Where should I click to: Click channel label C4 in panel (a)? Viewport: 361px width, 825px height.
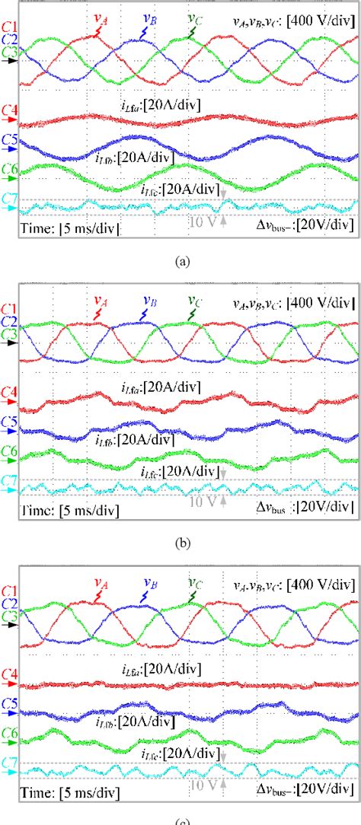pyautogui.click(x=9, y=112)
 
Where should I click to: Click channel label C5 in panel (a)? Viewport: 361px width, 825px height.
pyautogui.click(x=9, y=141)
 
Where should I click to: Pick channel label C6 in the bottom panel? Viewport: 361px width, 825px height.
pyautogui.click(x=9, y=736)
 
